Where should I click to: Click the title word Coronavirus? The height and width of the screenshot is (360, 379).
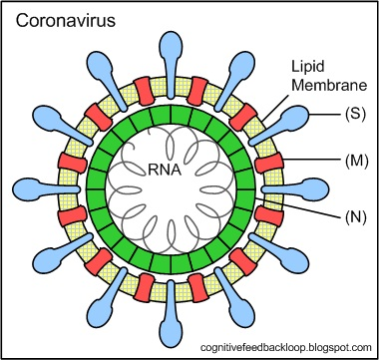click(66, 21)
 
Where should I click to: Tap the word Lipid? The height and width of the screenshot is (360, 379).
click(308, 67)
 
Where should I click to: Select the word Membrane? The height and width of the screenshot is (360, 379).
click(329, 85)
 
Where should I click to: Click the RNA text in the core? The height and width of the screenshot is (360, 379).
click(165, 171)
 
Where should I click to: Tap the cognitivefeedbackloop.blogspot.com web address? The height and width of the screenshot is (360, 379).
click(285, 348)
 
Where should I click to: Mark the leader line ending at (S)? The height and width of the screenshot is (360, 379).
click(325, 115)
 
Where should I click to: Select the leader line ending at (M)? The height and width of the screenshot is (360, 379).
click(312, 161)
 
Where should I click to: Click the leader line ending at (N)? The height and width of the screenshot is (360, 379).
click(298, 207)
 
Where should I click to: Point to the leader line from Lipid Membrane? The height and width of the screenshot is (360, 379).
click(274, 108)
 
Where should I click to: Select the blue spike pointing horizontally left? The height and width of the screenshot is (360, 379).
click(46, 189)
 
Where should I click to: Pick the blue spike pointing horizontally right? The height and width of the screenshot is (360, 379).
click(295, 189)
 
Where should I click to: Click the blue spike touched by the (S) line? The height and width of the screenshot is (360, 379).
click(279, 126)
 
